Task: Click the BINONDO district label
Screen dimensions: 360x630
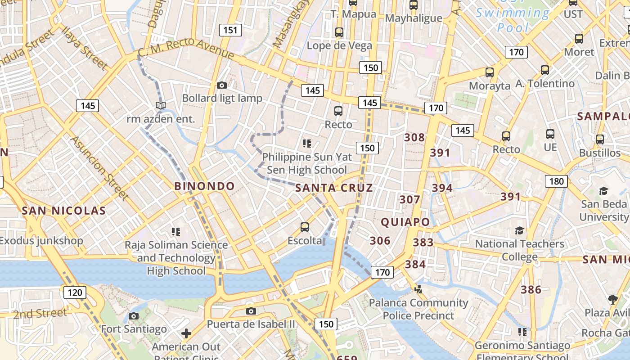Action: [204, 186]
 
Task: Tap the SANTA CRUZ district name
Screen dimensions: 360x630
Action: [334, 188]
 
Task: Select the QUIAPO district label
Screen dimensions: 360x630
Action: [405, 222]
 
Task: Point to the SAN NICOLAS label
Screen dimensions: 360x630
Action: [64, 211]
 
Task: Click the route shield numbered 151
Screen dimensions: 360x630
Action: [230, 30]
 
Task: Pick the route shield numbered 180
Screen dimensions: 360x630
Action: [556, 181]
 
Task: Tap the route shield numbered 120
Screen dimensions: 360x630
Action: [75, 292]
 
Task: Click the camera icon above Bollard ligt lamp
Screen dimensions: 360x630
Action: [221, 85]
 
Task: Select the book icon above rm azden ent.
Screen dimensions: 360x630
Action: [161, 106]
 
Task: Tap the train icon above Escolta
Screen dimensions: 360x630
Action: [305, 227]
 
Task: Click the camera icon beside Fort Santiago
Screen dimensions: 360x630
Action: [134, 316]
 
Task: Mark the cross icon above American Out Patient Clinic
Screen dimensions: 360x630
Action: [186, 333]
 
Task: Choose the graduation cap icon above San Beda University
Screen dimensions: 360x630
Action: [603, 191]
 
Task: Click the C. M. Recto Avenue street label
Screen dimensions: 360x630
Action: [186, 48]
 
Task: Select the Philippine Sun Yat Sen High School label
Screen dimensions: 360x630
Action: [307, 163]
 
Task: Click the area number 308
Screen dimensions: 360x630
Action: [414, 137]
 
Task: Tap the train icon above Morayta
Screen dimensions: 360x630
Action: [490, 72]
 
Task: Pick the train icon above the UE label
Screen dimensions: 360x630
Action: [550, 134]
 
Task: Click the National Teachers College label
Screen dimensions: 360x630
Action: [520, 250]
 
